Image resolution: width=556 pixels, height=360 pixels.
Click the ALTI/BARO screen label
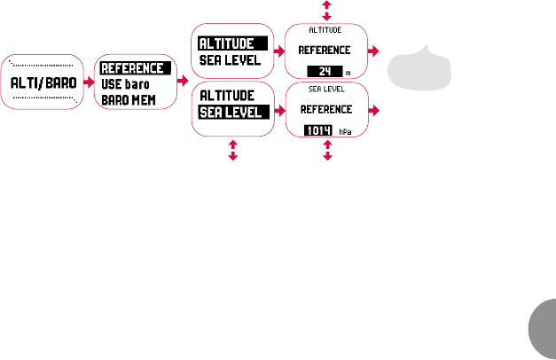click(x=41, y=82)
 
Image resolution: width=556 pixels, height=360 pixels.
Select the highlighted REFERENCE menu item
click(x=132, y=68)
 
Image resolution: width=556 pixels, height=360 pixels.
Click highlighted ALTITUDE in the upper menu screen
click(x=227, y=43)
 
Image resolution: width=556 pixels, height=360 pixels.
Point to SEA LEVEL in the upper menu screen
click(x=229, y=60)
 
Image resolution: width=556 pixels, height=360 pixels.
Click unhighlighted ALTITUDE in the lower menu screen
click(x=227, y=95)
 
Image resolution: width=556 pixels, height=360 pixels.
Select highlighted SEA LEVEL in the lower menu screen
click(x=230, y=112)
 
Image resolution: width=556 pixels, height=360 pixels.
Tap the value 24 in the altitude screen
click(x=325, y=72)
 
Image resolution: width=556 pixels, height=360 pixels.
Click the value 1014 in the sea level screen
click(x=318, y=130)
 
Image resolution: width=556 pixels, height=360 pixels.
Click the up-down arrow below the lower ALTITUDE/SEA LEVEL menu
click(x=232, y=148)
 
